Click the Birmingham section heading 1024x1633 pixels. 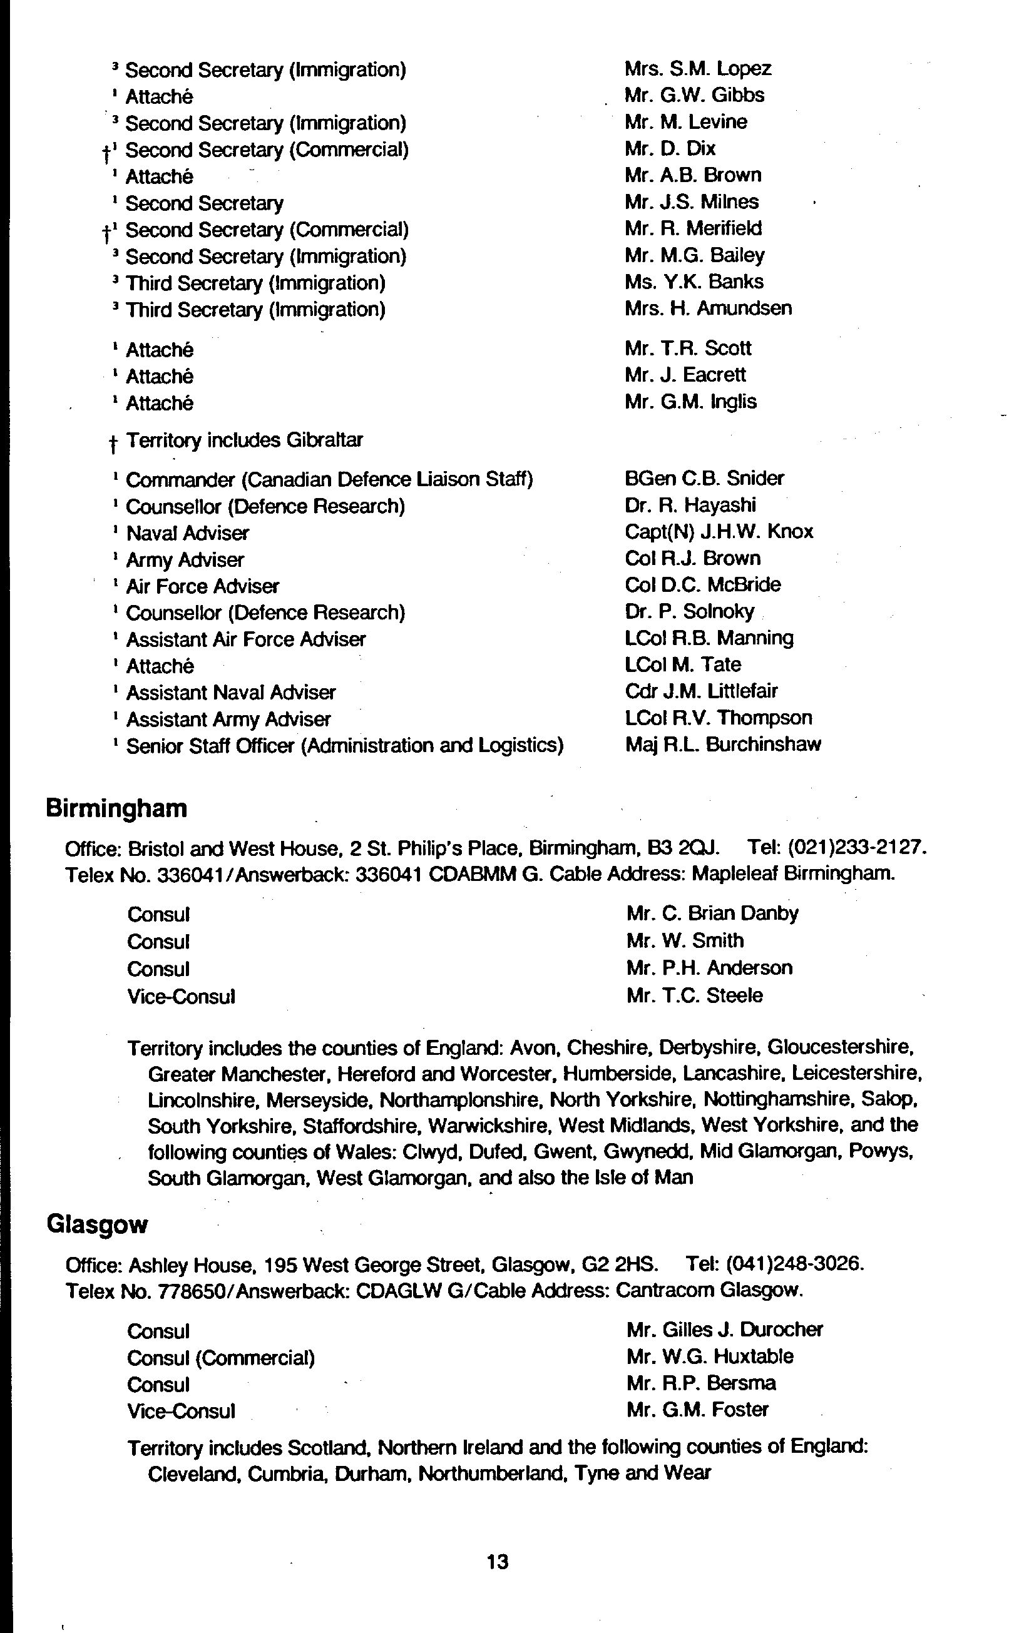116,808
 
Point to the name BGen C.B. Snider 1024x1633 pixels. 704,479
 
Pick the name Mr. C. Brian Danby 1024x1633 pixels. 712,913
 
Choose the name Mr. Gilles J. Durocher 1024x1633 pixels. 724,1330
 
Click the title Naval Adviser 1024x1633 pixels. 188,534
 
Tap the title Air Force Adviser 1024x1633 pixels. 203,586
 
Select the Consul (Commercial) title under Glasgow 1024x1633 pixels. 221,1358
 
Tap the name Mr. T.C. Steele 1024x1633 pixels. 694,996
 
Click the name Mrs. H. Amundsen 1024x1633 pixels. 708,308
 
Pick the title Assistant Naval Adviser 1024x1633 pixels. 231,693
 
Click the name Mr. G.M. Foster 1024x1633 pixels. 697,1410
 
